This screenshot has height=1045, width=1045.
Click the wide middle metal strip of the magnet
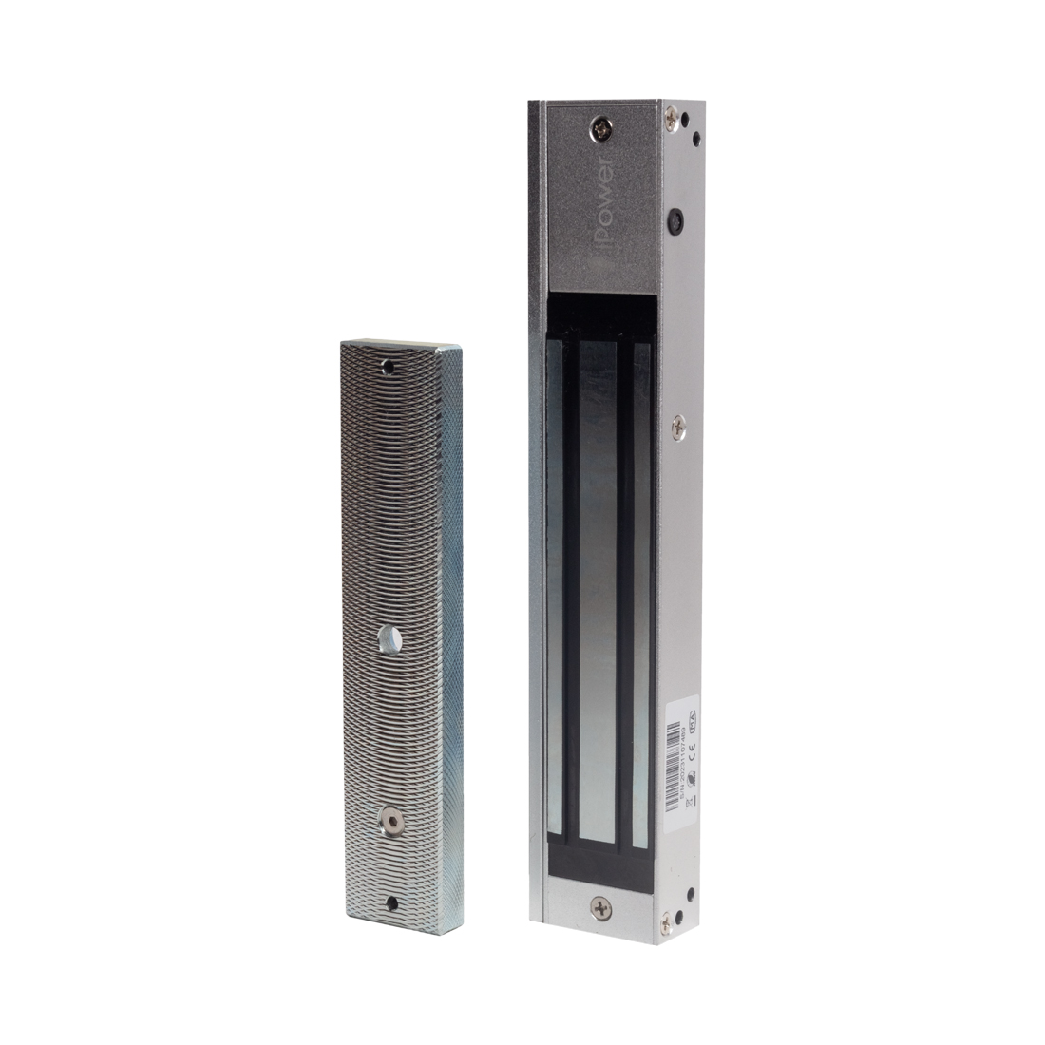tap(597, 589)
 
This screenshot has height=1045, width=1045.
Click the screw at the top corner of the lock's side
tap(673, 120)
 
